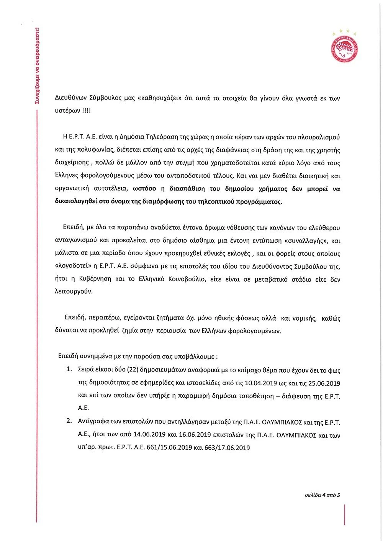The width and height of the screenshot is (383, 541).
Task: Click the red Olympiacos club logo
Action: tap(344, 47)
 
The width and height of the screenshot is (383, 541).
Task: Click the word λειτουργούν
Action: tap(74, 292)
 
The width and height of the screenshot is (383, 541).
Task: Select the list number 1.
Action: tap(69, 370)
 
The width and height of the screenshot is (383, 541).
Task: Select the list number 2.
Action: tap(69, 421)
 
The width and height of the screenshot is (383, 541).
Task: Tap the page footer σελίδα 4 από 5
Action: tap(322, 495)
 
